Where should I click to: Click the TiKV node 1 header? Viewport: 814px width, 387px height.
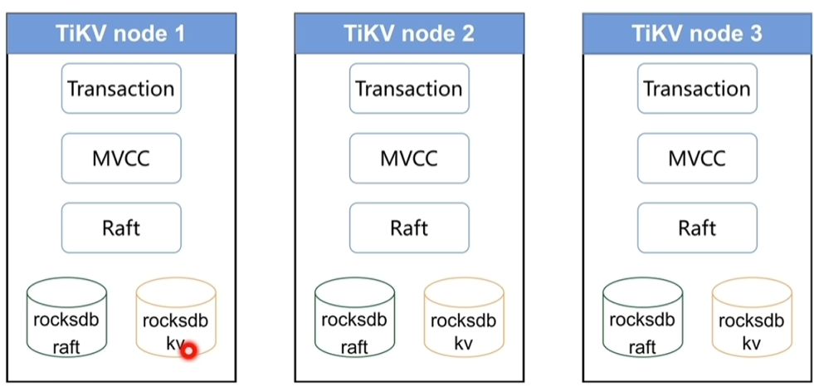click(x=120, y=34)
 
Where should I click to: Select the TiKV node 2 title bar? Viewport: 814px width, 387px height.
click(x=409, y=34)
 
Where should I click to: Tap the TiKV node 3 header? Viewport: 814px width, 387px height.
click(x=696, y=34)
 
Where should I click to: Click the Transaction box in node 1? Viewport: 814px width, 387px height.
click(x=120, y=89)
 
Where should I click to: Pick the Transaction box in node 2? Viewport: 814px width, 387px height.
click(x=409, y=89)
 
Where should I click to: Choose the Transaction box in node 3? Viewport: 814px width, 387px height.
click(x=696, y=89)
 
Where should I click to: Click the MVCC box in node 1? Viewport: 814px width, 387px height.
click(x=120, y=158)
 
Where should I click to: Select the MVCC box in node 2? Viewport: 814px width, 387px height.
click(x=409, y=158)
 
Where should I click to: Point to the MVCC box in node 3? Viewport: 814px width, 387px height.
click(x=696, y=158)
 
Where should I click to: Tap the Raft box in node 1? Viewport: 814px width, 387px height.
click(x=120, y=228)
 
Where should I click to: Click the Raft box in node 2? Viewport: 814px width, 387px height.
click(x=409, y=228)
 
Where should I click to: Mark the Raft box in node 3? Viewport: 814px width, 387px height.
click(x=696, y=228)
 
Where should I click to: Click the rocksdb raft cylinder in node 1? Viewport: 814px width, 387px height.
click(x=66, y=320)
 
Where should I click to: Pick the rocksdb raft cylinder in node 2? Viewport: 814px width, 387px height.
click(x=354, y=320)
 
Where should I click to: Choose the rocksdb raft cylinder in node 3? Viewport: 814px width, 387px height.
click(x=642, y=320)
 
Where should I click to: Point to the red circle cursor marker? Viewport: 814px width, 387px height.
click(x=188, y=350)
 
